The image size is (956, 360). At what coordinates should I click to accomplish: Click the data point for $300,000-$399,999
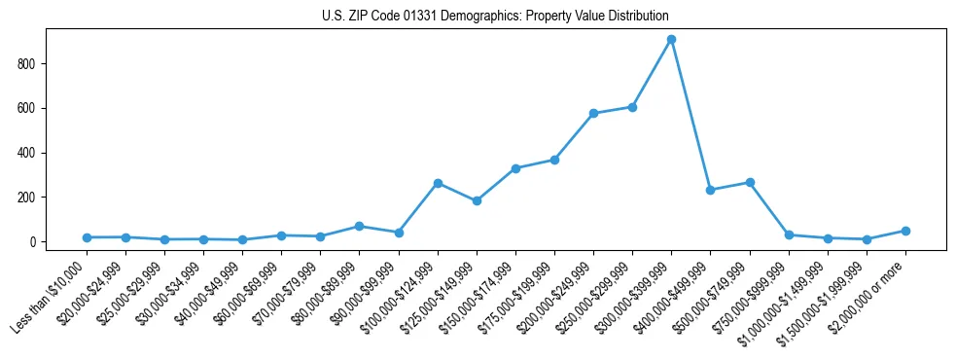(x=671, y=40)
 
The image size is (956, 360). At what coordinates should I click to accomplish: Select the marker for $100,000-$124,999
(x=438, y=183)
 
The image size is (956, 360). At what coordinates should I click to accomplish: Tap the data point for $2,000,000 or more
(x=905, y=231)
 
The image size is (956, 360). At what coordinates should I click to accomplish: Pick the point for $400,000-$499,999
(x=711, y=190)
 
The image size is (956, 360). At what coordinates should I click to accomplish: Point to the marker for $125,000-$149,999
(x=477, y=200)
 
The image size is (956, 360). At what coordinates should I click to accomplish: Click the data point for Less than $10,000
(x=87, y=237)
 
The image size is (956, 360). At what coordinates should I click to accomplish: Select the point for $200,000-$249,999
(x=593, y=113)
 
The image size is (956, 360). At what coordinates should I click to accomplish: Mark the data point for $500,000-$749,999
(x=750, y=182)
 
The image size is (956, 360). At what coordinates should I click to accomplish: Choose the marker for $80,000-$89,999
(x=360, y=226)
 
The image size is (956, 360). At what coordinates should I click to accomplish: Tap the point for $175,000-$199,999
(x=554, y=160)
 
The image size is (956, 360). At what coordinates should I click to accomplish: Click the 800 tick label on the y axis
(x=27, y=64)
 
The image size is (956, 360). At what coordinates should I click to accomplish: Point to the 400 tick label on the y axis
(x=27, y=153)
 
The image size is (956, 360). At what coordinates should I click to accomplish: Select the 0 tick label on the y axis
(x=33, y=242)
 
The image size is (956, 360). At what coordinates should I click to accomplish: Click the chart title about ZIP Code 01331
(x=495, y=17)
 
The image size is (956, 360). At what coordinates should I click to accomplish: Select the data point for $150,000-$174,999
(x=515, y=168)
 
